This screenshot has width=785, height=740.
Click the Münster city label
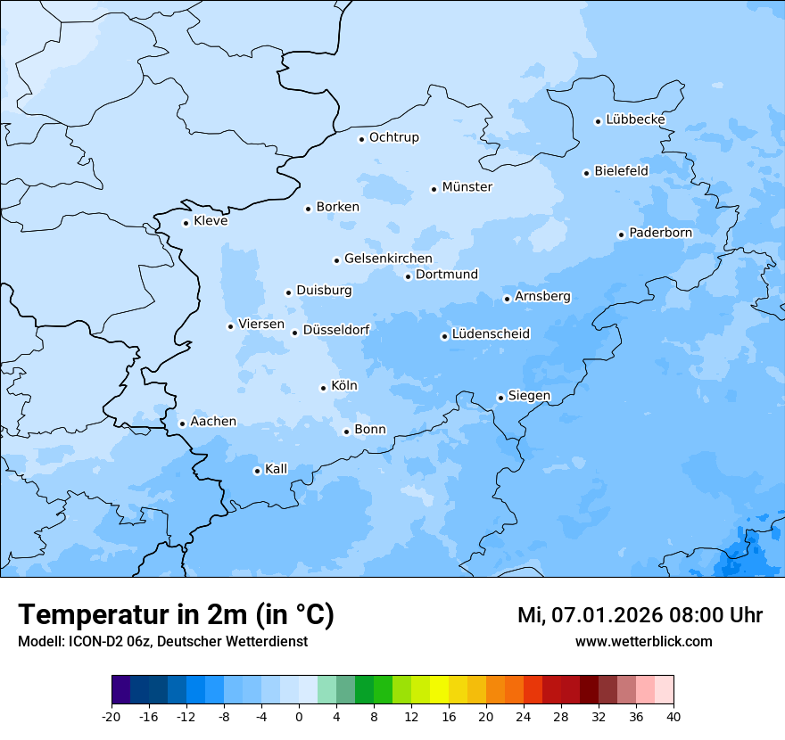[467, 187]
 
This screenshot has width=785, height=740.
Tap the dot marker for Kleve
[186, 223]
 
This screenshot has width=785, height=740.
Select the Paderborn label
[660, 233]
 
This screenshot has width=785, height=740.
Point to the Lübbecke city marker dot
[598, 121]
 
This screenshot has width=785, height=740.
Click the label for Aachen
[213, 422]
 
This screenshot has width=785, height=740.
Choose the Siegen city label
[529, 396]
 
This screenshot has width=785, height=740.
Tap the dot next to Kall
[257, 471]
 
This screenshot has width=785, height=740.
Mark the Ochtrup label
[393, 137]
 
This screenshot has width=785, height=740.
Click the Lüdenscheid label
[491, 334]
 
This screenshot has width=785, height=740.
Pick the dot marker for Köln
[323, 388]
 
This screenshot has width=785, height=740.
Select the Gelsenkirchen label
[388, 259]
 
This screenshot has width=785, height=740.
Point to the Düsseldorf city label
[336, 330]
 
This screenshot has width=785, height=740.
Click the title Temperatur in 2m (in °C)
[176, 614]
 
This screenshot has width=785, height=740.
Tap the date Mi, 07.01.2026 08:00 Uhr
[640, 615]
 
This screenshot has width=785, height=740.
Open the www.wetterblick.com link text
[643, 642]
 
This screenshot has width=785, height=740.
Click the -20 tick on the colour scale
[112, 716]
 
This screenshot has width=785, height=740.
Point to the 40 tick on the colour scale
[673, 716]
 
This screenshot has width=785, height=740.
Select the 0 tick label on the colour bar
[299, 716]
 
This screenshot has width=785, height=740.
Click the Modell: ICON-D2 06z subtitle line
[162, 642]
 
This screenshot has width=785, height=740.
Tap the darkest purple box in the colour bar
[120, 690]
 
